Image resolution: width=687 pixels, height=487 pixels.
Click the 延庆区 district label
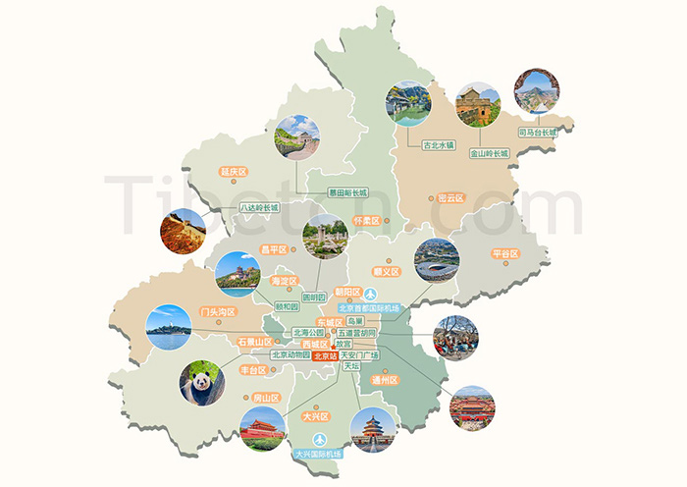click(234, 172)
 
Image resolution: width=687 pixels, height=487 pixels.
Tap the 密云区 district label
click(450, 197)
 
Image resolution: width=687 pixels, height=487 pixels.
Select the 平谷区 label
click(504, 254)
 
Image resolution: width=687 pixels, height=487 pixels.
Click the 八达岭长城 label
click(260, 208)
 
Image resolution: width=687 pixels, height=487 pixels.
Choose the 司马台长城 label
click(537, 131)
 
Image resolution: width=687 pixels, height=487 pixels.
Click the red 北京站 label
click(325, 356)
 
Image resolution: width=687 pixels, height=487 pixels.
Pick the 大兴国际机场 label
click(318, 454)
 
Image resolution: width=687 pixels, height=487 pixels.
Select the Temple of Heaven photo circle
click(372, 429)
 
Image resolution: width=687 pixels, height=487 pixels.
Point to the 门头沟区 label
click(218, 312)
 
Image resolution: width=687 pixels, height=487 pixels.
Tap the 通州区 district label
click(385, 379)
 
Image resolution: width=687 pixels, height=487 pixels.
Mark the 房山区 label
click(267, 398)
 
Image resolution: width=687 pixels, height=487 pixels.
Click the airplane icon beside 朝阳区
click(371, 295)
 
